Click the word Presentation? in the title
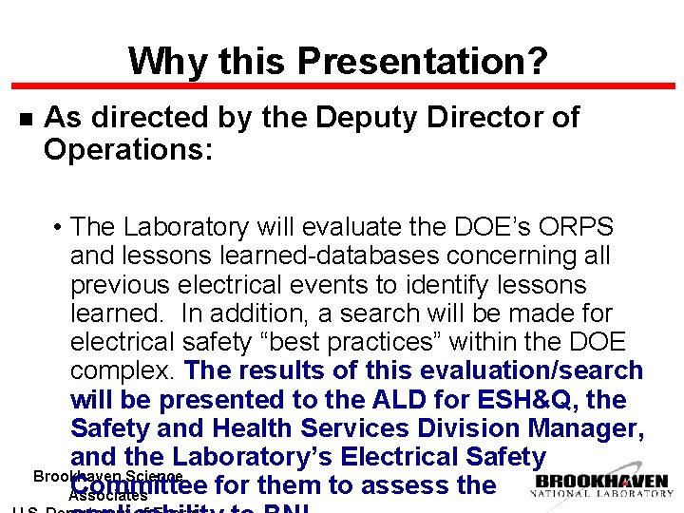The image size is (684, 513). [x=422, y=63]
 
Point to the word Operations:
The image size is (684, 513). [x=128, y=149]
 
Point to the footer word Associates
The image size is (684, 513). [x=108, y=495]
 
